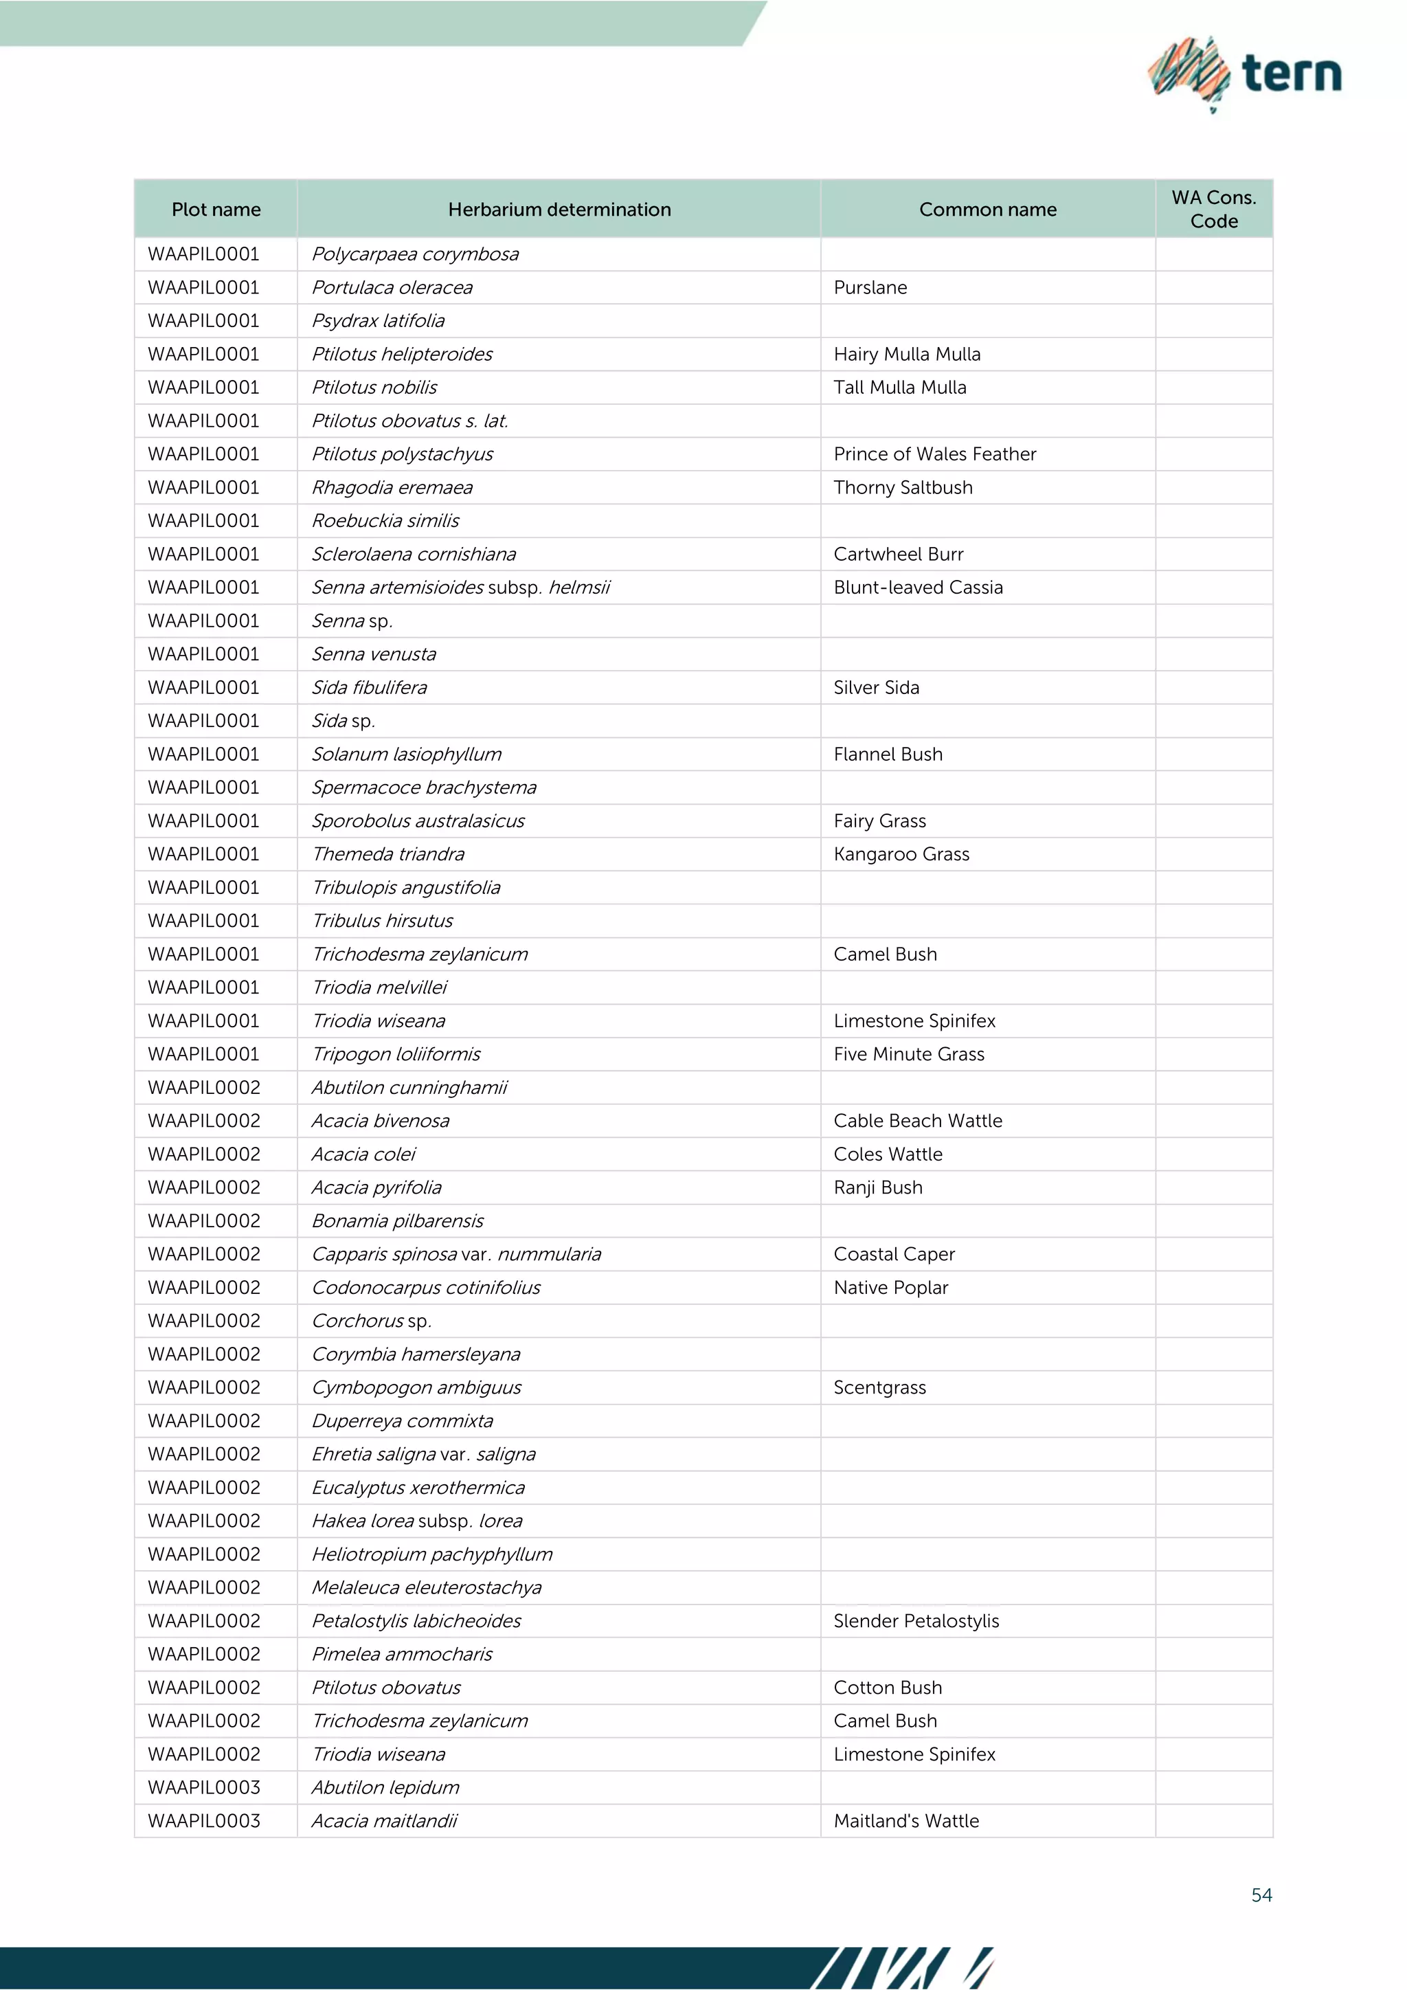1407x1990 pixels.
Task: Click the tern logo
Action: (1244, 74)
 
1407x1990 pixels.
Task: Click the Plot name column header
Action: (216, 210)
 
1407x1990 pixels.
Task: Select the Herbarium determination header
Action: (559, 210)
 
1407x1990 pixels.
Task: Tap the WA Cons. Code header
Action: (1213, 209)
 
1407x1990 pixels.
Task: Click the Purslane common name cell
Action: (870, 288)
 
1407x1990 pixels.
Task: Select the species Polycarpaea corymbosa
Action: (415, 255)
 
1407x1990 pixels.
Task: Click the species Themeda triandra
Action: (388, 855)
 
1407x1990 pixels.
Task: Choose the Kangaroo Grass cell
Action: (901, 855)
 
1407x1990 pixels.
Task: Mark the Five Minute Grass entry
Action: (908, 1055)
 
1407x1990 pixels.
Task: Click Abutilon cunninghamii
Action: (409, 1088)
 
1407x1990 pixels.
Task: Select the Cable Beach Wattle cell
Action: (917, 1121)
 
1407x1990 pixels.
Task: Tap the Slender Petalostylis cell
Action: (916, 1622)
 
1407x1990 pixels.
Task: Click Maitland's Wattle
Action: (905, 1821)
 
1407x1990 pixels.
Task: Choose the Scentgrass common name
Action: (879, 1387)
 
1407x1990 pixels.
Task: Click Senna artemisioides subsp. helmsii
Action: (460, 588)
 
